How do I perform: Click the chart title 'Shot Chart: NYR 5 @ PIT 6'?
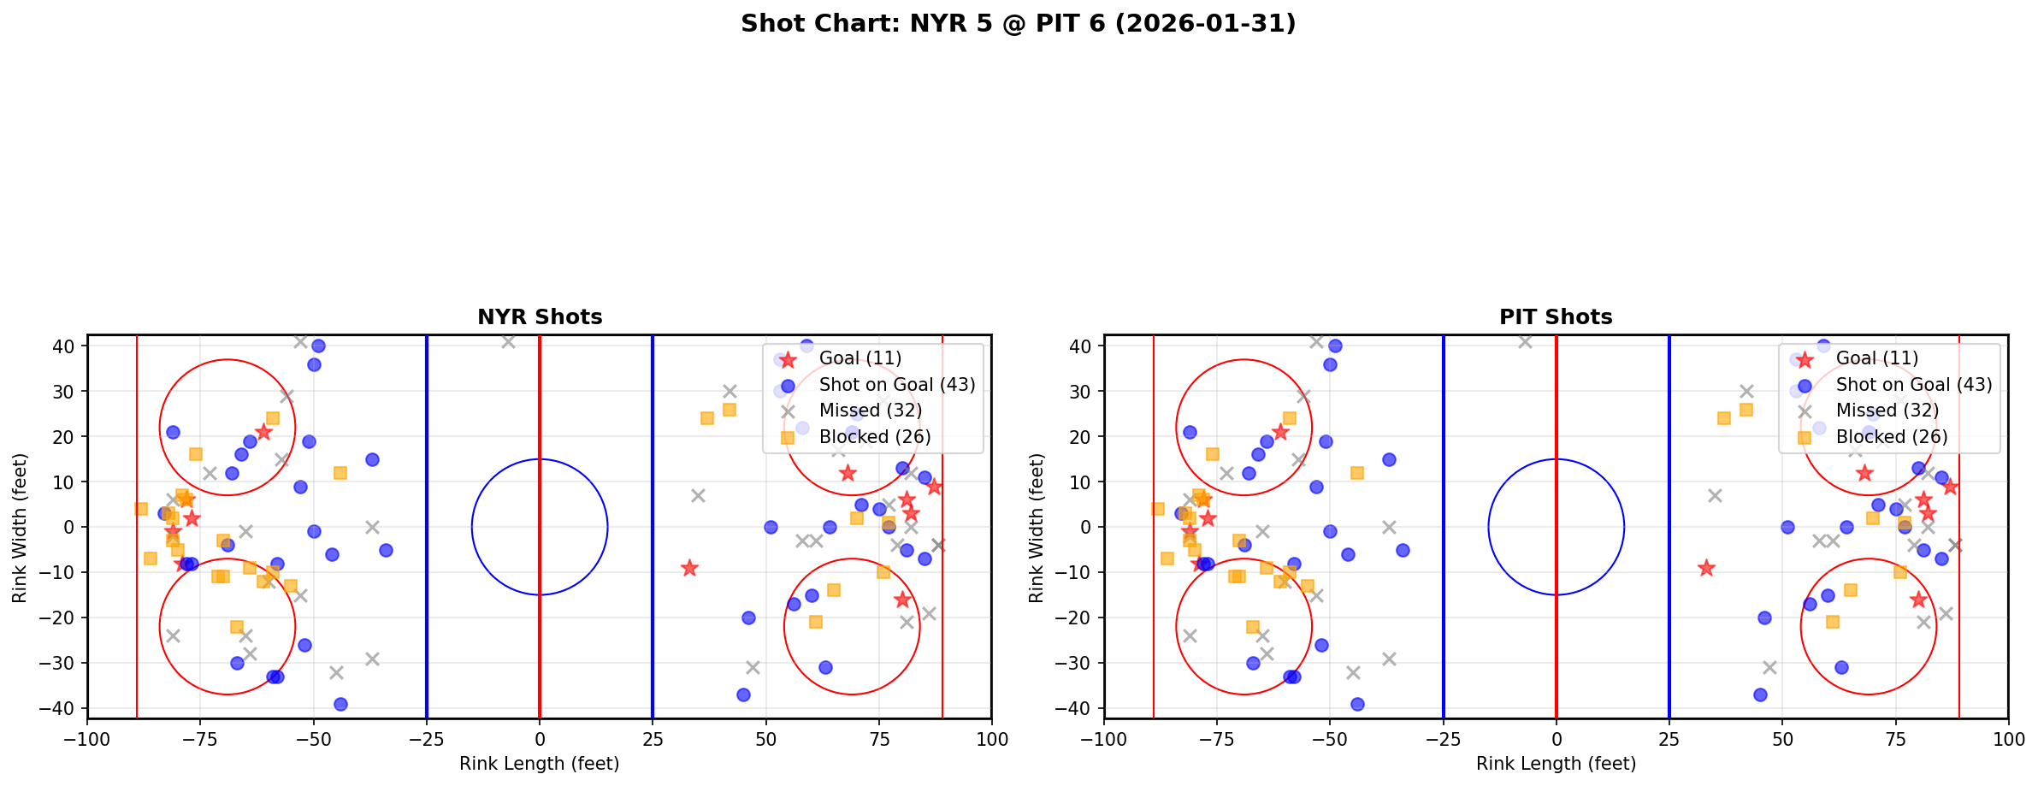coord(1018,24)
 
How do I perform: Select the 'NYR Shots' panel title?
coord(540,317)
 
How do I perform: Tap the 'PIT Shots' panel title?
coord(1556,317)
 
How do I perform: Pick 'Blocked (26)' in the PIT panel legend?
coord(1892,437)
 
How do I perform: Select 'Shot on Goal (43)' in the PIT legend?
coord(1913,385)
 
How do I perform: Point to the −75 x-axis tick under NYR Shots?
coord(200,738)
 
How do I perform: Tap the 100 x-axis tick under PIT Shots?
coord(2007,738)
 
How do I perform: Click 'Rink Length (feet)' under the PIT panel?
coord(1556,764)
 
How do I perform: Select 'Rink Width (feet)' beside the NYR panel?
coord(20,528)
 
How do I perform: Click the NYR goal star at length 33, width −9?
coord(689,568)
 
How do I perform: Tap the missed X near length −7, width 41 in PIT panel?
coord(1525,341)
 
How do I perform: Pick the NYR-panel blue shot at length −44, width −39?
coord(340,704)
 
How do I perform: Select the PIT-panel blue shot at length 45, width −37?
coord(1760,694)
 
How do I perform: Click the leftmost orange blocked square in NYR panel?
coord(141,509)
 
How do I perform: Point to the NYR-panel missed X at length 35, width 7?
coord(698,495)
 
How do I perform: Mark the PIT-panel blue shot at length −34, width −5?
coord(1403,550)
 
